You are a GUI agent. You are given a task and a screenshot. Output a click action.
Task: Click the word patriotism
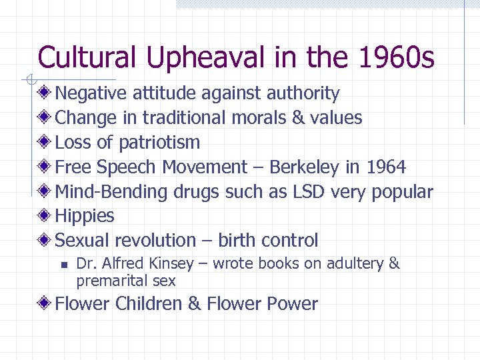159,143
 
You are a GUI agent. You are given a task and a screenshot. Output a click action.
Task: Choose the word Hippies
85,216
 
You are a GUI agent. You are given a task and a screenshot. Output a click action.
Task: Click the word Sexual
83,240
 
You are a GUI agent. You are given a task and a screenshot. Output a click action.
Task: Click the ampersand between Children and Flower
194,304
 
